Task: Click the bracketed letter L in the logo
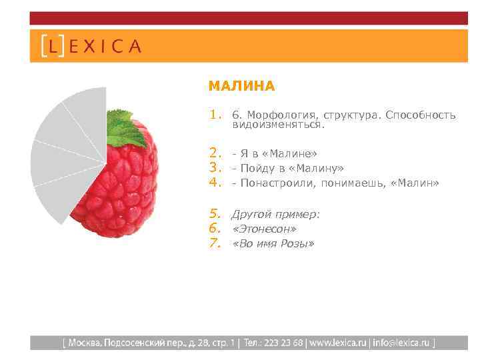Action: (53, 46)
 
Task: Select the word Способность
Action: (423, 115)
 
